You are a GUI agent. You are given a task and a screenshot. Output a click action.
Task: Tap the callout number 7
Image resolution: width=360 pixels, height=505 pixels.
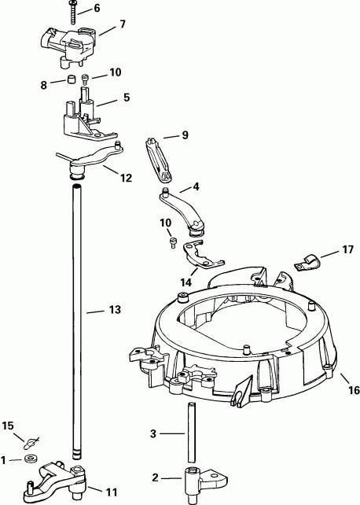[123, 25]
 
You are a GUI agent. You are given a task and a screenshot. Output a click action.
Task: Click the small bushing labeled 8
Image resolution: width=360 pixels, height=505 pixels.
[68, 80]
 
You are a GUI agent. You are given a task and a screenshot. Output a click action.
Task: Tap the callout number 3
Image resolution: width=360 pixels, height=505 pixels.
[154, 433]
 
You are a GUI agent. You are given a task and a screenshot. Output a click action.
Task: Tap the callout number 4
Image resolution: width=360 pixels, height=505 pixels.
[195, 187]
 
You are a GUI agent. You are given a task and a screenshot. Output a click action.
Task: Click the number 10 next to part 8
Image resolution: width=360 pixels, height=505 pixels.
[116, 72]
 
